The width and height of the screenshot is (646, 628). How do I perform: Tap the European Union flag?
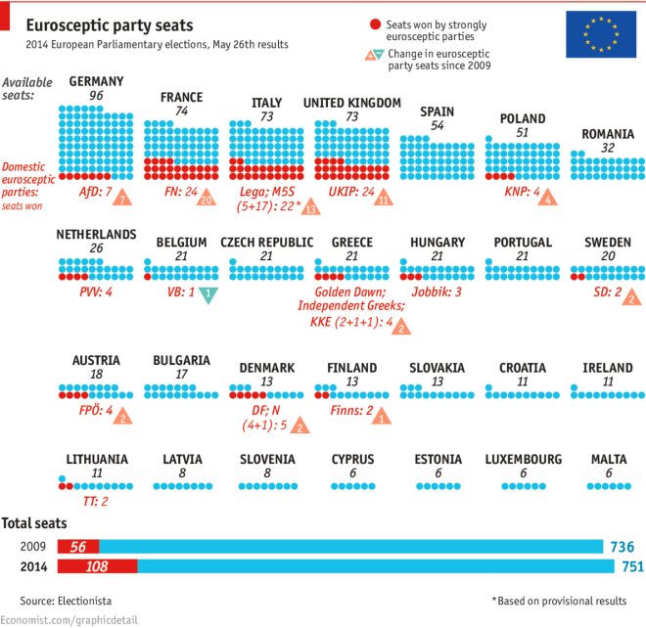tap(598, 34)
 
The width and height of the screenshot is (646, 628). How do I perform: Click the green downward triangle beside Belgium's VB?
tap(207, 294)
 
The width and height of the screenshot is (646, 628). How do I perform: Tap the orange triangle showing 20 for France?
tap(206, 199)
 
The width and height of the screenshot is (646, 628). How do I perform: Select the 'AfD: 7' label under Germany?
tap(96, 192)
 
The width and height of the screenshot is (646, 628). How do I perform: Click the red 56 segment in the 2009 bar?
tap(79, 547)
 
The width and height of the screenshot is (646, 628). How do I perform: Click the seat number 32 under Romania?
tap(608, 148)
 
